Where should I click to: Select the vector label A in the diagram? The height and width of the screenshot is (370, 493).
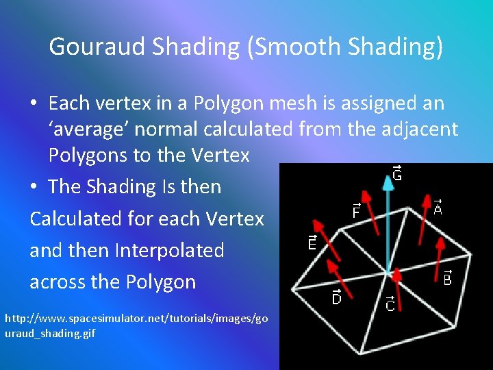coord(438,206)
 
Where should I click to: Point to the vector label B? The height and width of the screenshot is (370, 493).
coord(447,277)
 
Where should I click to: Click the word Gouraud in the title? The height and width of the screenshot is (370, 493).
coord(98,47)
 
